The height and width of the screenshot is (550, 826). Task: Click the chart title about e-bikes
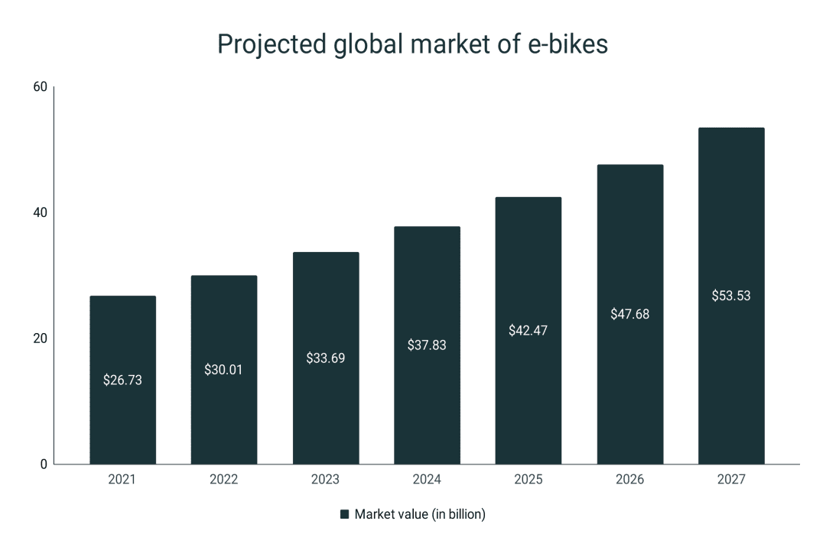412,45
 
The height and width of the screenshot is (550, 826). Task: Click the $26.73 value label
122,380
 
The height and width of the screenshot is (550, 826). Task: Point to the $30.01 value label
223,370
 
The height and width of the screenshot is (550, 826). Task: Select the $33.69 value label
325,357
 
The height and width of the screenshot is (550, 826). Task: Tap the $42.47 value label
528,331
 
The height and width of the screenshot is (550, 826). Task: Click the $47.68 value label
629,314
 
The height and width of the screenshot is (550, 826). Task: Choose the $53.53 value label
731,296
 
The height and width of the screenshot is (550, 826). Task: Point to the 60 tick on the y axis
40,87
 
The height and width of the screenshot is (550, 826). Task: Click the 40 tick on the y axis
40,212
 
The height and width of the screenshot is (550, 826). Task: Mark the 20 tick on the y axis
40,338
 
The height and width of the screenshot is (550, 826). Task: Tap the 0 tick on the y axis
43,464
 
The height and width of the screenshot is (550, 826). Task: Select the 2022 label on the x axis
223,480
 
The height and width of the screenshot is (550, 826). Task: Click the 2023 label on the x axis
325,480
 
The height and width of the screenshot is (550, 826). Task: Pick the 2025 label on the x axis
528,480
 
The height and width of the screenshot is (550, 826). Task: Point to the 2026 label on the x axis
629,480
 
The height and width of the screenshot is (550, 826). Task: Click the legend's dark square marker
344,515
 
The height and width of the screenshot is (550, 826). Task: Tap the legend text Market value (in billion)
420,515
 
